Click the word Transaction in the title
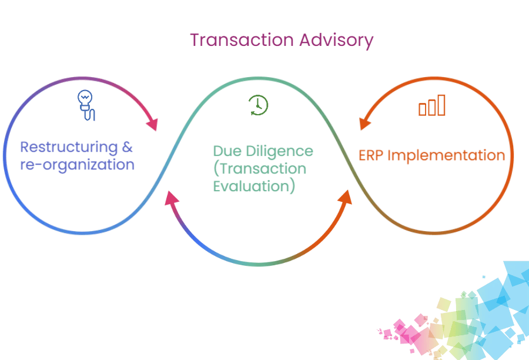pos(242,41)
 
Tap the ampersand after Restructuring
pos(128,146)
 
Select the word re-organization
pos(77,165)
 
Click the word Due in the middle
pos(226,151)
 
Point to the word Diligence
pos(279,152)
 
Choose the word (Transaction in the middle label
pos(259,169)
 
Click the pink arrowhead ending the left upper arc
pos(153,124)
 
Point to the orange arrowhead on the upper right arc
pos(366,122)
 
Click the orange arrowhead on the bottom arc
pos(345,200)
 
